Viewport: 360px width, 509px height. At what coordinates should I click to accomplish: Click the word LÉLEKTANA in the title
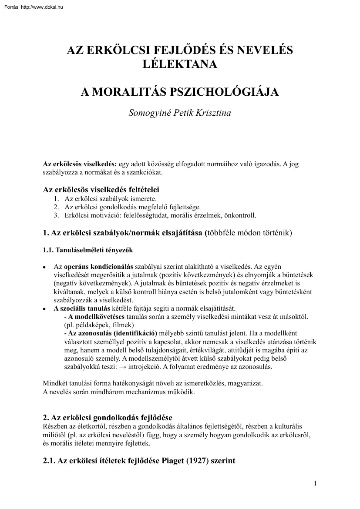(x=180, y=64)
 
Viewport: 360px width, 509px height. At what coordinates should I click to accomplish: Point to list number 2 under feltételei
(x=57, y=207)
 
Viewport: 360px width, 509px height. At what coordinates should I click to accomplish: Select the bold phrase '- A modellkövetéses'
(x=94, y=316)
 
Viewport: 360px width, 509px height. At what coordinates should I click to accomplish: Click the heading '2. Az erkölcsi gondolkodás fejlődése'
(x=111, y=419)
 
